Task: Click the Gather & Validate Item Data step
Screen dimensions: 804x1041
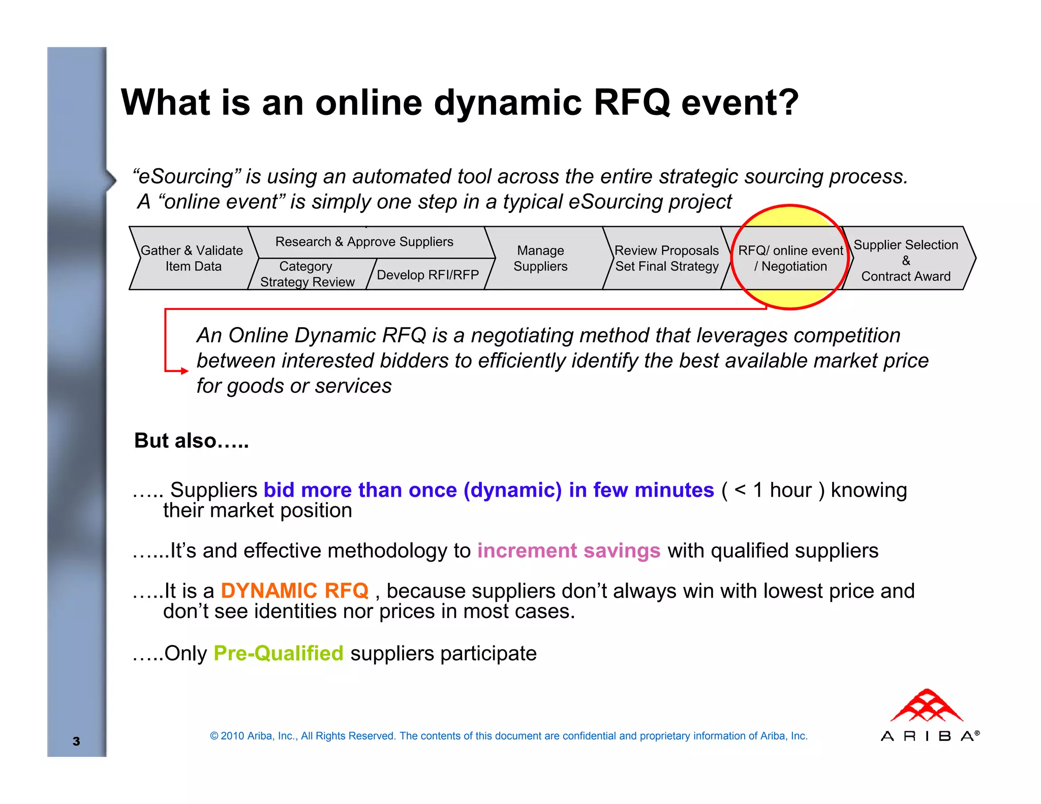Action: (x=192, y=258)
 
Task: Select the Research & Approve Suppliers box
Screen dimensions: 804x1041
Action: (x=364, y=242)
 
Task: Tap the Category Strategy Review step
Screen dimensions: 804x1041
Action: (x=307, y=274)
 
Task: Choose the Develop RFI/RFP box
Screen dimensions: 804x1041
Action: (x=427, y=275)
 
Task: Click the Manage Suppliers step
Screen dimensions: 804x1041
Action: (x=540, y=258)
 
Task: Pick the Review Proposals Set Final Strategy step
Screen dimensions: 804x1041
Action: (x=666, y=258)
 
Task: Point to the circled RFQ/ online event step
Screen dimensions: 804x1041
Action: (x=790, y=258)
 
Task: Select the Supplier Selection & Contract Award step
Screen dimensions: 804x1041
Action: (x=905, y=260)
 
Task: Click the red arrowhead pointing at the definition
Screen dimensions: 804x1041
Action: (x=184, y=371)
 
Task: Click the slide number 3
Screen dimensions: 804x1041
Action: (x=76, y=741)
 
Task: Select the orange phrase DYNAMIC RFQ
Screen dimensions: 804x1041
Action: (x=294, y=591)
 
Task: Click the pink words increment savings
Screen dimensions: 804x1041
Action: (x=568, y=550)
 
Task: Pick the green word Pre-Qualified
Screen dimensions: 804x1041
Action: (x=278, y=653)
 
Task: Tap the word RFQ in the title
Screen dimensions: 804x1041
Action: (x=631, y=103)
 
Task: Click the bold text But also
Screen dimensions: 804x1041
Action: (x=191, y=441)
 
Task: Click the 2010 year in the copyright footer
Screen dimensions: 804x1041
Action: (x=232, y=736)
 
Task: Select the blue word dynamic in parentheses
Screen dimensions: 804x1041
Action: (x=512, y=490)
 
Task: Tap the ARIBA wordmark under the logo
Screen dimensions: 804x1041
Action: (x=928, y=736)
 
